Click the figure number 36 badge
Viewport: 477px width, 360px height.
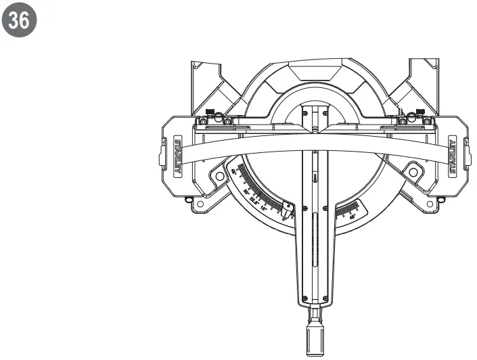point(20,21)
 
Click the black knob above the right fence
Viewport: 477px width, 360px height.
point(420,112)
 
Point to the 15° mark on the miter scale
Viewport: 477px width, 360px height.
point(265,206)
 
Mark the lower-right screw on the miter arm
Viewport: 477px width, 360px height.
point(325,299)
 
